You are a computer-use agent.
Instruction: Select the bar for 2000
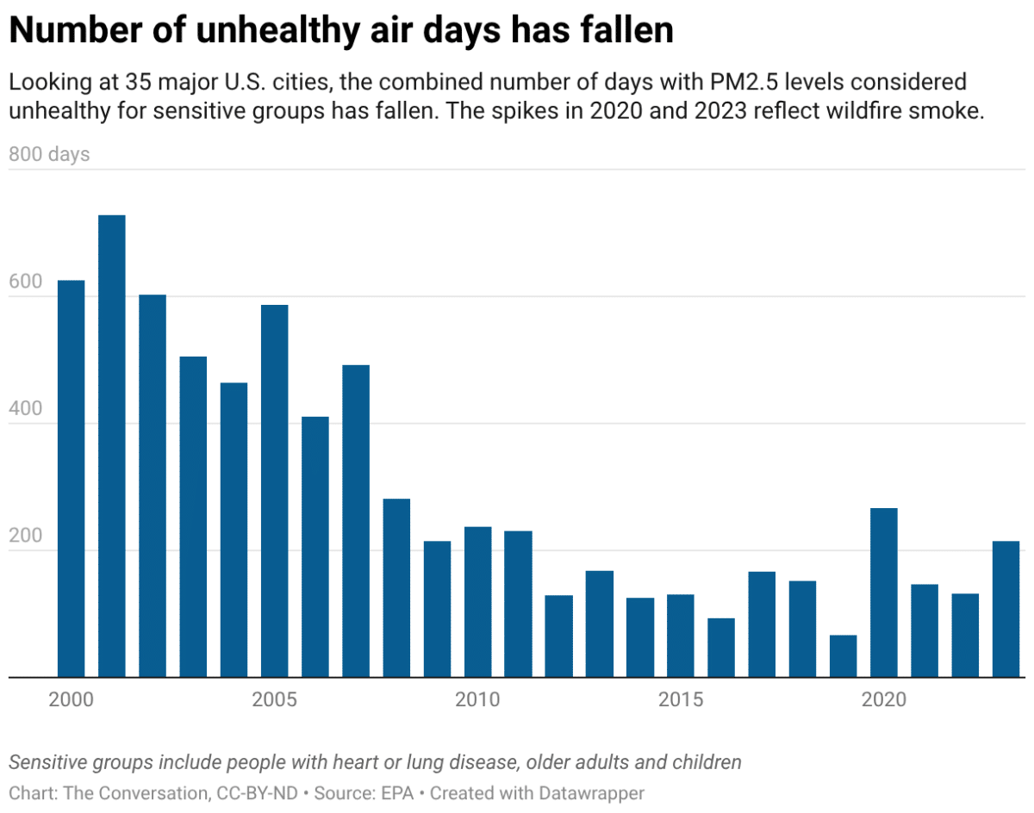coord(71,479)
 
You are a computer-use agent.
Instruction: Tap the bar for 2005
coord(274,491)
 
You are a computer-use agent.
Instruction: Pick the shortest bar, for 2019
coord(843,656)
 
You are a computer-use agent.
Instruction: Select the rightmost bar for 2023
coord(1006,609)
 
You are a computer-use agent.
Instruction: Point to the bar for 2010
coord(477,602)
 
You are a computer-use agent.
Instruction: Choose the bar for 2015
coord(680,636)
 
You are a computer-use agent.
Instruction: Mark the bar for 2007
coord(356,521)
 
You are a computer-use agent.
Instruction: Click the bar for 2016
coord(721,648)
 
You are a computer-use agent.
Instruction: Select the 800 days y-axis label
coord(49,155)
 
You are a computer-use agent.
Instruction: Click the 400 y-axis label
coord(26,409)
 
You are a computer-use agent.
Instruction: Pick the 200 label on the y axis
coord(26,536)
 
